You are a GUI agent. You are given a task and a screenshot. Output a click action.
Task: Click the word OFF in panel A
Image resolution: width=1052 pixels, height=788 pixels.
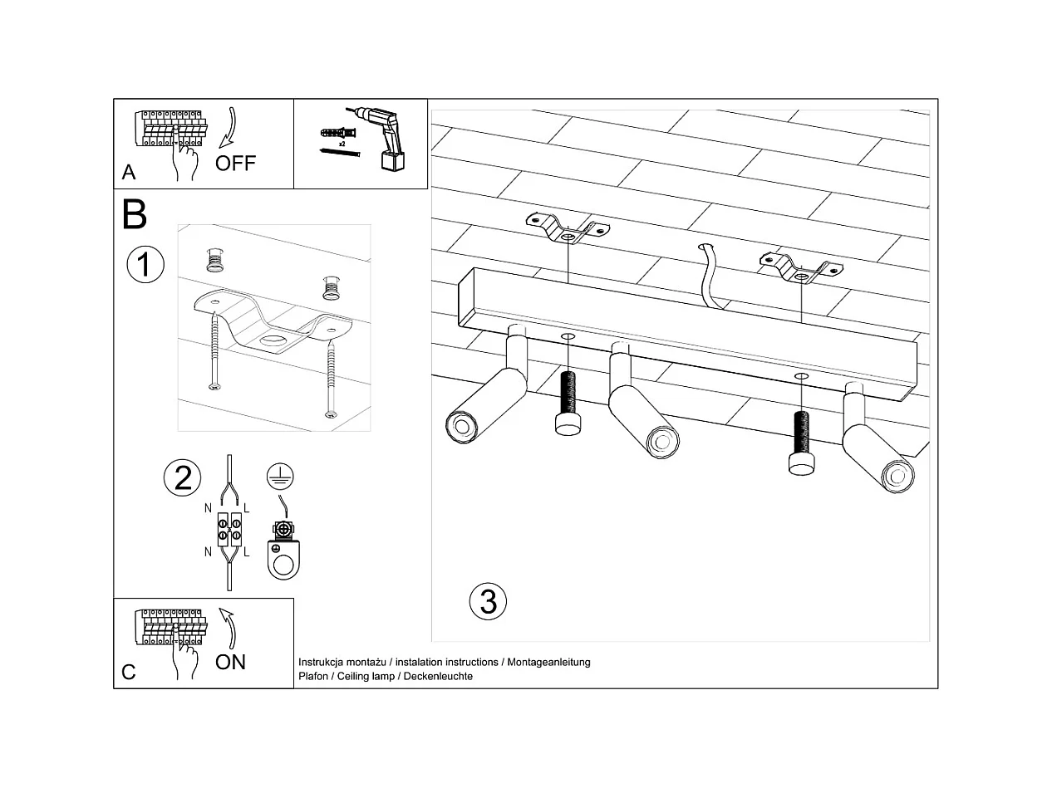[235, 163]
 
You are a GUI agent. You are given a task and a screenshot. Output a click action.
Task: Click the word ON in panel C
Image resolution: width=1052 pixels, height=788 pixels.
[230, 662]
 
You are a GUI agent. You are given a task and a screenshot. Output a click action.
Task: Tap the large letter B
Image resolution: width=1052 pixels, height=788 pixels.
[134, 214]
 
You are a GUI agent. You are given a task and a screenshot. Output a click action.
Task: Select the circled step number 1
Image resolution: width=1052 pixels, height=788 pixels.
[145, 265]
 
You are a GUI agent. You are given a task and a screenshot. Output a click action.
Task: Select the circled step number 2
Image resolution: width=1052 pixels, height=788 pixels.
[183, 477]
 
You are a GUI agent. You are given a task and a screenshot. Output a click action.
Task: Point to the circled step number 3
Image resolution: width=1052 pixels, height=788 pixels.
[488, 601]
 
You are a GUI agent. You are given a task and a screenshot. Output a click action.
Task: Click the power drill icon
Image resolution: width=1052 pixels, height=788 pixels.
[381, 138]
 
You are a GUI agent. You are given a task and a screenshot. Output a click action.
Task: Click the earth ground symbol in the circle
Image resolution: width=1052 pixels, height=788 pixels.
[281, 476]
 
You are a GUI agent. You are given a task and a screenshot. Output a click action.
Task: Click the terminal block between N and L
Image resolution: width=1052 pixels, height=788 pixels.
[229, 531]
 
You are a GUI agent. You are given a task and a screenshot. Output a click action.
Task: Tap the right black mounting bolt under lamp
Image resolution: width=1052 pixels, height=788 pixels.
[801, 443]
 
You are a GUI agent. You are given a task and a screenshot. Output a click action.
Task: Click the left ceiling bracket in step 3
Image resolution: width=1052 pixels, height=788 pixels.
[567, 228]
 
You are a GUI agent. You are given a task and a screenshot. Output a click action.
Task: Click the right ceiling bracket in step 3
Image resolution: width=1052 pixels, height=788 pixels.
[800, 267]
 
